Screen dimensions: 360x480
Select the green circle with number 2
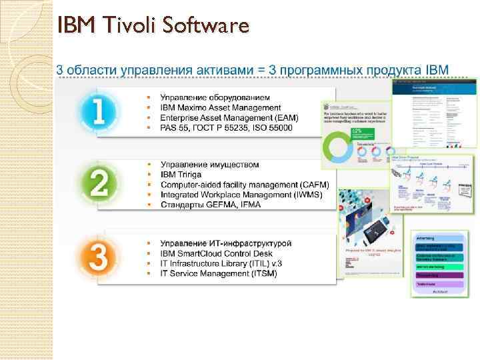[x=99, y=182]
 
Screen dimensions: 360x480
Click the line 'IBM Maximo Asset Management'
[x=221, y=108]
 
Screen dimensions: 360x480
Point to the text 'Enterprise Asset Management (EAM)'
[x=229, y=117]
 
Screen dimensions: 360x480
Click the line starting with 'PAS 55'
[x=226, y=127]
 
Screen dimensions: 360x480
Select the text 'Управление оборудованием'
[x=216, y=98]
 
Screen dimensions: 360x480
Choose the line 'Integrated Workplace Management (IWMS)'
[x=241, y=195]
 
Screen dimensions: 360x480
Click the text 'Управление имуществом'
[x=210, y=165]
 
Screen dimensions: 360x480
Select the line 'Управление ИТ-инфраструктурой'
[x=227, y=244]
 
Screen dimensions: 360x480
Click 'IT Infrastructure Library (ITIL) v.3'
[x=221, y=264]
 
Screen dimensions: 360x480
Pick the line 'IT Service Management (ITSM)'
[x=218, y=274]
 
